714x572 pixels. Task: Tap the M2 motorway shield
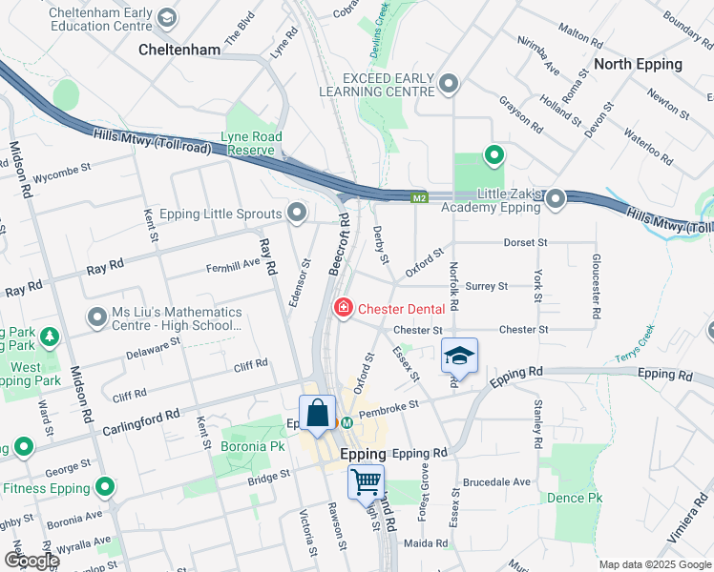click(x=420, y=198)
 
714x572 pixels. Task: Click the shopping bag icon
click(x=318, y=414)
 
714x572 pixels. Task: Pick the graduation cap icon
click(x=459, y=356)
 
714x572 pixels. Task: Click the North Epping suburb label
click(x=638, y=64)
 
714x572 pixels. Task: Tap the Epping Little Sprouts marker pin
click(x=298, y=213)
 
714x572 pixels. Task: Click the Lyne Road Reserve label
click(x=252, y=143)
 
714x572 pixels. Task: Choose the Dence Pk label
click(x=575, y=498)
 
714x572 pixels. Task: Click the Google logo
click(x=31, y=560)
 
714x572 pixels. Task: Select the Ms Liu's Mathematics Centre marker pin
click(x=96, y=316)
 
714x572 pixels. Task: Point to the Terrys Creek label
click(x=637, y=337)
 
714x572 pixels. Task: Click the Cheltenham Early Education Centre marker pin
click(x=167, y=17)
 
